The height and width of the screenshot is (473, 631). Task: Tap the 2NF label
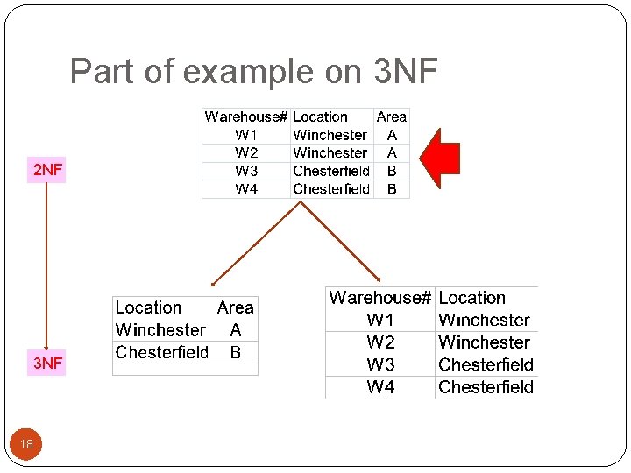click(x=47, y=170)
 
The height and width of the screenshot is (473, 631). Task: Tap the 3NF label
click(x=47, y=363)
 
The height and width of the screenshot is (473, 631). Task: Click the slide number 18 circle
click(x=26, y=444)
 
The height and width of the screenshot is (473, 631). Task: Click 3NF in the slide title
click(x=404, y=72)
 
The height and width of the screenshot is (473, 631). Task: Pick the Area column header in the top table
click(x=391, y=116)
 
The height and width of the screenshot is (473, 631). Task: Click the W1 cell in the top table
click(x=246, y=135)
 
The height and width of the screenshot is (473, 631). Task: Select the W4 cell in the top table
click(x=246, y=189)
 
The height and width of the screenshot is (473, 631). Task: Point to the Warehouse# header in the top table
click(x=245, y=116)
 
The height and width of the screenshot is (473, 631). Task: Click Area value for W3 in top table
click(x=391, y=171)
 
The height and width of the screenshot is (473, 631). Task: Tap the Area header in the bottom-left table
click(x=235, y=307)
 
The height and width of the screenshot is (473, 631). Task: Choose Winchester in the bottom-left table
click(x=160, y=330)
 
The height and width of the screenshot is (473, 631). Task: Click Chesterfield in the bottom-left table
click(x=161, y=352)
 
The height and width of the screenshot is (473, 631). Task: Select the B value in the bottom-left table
click(x=235, y=352)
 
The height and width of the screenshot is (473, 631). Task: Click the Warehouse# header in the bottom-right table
click(x=379, y=298)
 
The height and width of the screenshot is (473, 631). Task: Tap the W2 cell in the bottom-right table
click(x=380, y=342)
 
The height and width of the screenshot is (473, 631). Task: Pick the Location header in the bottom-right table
click(x=471, y=298)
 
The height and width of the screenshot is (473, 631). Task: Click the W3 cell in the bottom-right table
click(x=380, y=364)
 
